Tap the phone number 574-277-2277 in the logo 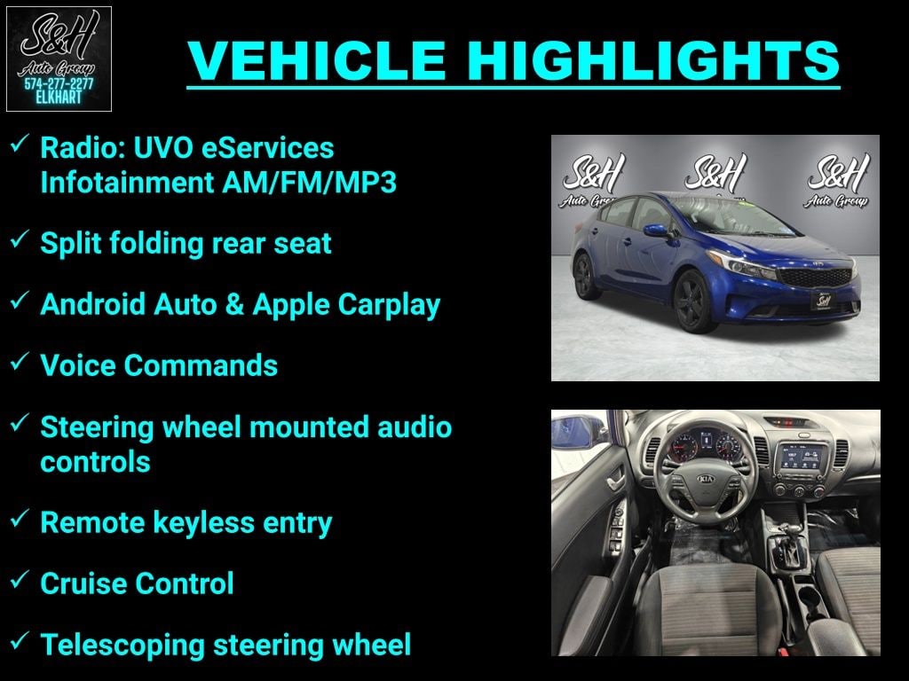(x=59, y=83)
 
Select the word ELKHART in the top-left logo (x=59, y=98)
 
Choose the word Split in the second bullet (x=69, y=243)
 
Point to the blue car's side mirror (x=657, y=231)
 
